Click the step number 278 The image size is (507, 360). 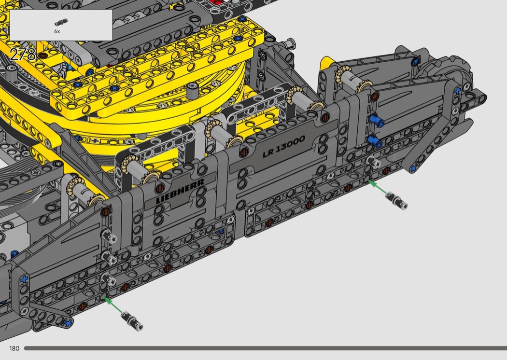tap(23, 55)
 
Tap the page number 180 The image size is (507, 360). tap(14, 348)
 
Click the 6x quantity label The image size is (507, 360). tap(57, 31)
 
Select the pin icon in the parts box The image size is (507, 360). tap(61, 22)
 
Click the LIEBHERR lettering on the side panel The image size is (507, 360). tap(180, 191)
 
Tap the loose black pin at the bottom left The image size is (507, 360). tap(132, 321)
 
